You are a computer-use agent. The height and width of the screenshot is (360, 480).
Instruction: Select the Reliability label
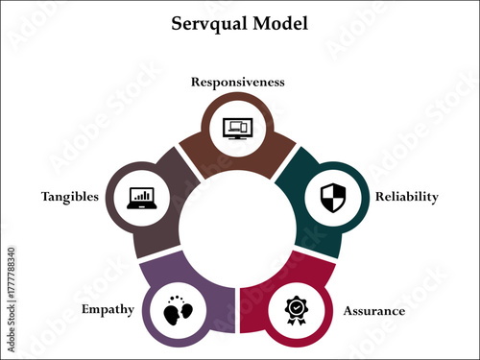(x=406, y=197)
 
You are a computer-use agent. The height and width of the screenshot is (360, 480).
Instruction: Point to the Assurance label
(x=373, y=311)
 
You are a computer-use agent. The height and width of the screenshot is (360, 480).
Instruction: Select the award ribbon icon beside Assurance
(x=295, y=310)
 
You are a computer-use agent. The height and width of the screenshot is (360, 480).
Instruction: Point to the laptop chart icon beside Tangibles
(x=142, y=198)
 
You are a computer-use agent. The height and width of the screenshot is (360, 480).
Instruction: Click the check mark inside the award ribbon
(x=295, y=307)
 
